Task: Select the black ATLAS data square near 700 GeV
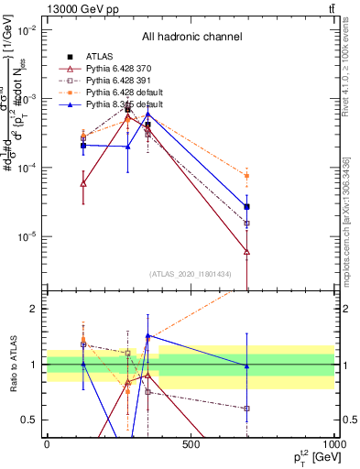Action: [x=247, y=207]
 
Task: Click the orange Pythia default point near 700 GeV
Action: [x=247, y=176]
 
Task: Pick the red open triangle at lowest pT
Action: [x=83, y=183]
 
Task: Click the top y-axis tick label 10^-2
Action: [x=27, y=30]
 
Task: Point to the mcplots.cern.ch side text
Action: [x=351, y=211]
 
